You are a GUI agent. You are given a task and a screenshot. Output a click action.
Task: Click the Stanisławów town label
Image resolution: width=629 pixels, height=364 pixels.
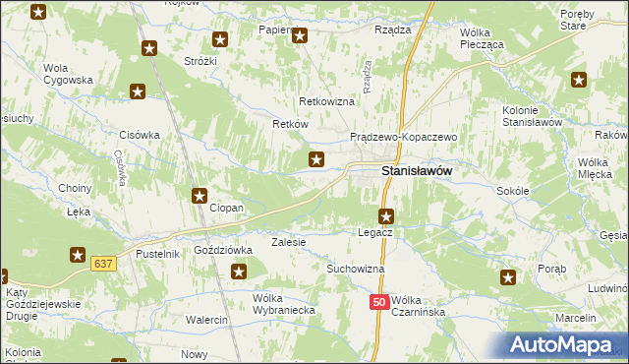coord(416,171)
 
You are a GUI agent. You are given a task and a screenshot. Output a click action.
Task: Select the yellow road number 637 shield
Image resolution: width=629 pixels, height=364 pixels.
coord(103,264)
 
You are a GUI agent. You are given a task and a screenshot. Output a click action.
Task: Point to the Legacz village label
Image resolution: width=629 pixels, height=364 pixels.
coord(375,231)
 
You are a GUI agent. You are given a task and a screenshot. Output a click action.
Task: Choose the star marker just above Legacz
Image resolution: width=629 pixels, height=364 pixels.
coord(386,215)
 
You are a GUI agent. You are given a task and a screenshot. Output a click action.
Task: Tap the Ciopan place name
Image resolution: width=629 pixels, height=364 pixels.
coord(227,209)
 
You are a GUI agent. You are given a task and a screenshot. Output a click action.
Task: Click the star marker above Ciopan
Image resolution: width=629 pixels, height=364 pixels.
coord(200,196)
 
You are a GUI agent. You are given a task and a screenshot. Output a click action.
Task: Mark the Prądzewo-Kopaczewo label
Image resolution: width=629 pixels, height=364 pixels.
coord(404,137)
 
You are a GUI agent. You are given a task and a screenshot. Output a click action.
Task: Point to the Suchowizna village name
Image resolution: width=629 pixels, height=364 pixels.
coord(355,268)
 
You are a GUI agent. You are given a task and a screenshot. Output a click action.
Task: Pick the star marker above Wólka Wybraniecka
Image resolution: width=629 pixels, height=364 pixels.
coord(237,273)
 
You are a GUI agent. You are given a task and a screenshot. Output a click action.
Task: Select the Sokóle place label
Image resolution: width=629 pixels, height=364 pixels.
coord(513,191)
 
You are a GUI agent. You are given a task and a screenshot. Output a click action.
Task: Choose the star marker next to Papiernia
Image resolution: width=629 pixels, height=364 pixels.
coord(301,37)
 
